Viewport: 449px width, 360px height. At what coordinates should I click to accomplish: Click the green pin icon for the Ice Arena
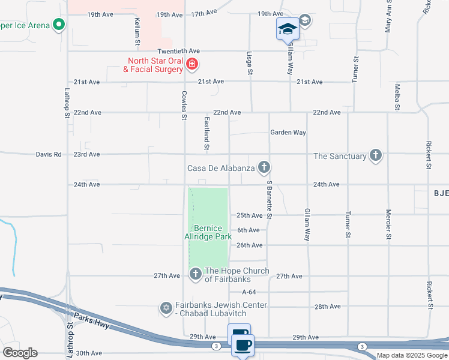pos(58,25)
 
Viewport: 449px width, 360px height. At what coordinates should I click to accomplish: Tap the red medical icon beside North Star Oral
pos(192,64)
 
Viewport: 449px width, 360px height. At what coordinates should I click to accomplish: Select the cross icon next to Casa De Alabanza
pos(263,167)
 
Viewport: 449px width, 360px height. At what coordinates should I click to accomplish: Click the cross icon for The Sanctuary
pos(376,155)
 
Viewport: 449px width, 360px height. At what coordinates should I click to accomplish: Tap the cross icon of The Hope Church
pos(195,275)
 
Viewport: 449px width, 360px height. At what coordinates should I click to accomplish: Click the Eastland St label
pos(206,133)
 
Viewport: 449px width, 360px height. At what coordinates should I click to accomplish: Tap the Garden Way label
pos(288,133)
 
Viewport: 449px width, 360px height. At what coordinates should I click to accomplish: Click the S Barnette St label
pos(270,200)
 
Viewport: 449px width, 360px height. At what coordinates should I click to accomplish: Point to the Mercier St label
pos(388,224)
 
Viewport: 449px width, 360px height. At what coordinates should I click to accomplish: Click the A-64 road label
pos(249,292)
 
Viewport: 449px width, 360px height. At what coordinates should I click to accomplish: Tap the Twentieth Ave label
pos(161,52)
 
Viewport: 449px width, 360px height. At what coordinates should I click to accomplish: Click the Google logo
pos(20,353)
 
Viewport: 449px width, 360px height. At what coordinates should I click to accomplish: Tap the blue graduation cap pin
pos(288,28)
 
